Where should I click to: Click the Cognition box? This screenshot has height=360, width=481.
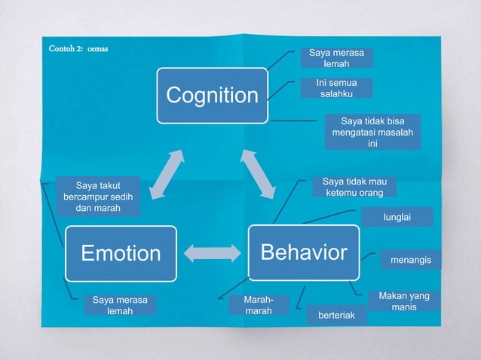coord(212,95)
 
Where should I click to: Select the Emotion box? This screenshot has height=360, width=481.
coord(121,253)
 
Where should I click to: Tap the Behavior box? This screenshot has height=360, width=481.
coord(304,252)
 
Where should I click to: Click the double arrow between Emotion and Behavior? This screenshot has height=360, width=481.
coord(212,253)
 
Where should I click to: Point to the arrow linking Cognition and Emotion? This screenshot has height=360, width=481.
coord(166,175)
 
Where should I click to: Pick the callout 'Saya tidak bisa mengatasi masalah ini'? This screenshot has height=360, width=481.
coord(372,133)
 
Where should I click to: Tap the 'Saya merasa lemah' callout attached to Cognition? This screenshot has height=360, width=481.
coord(336,59)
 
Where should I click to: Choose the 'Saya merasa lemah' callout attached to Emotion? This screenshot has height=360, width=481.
coord(120,305)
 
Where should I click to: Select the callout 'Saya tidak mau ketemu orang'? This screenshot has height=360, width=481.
coord(354,188)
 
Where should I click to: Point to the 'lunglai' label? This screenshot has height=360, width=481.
coord(397,217)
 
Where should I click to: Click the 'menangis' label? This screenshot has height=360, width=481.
coord(411,261)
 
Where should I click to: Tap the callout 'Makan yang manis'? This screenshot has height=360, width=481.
coord(404,301)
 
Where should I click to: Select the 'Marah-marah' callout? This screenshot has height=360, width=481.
coord(259,305)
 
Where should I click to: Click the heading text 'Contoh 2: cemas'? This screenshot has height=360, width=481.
coord(78,49)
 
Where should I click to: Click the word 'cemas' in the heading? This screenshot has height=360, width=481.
coord(97,49)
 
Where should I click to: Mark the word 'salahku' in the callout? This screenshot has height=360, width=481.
coord(337,94)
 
